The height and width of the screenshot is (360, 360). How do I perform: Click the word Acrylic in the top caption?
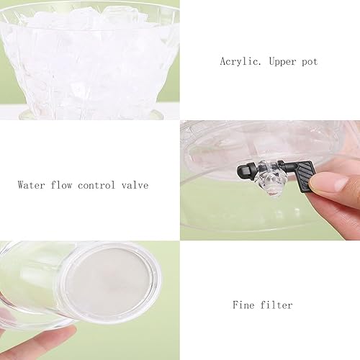239,62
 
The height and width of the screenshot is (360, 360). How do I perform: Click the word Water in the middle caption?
32,184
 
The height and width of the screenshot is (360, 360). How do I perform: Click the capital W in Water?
21,184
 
